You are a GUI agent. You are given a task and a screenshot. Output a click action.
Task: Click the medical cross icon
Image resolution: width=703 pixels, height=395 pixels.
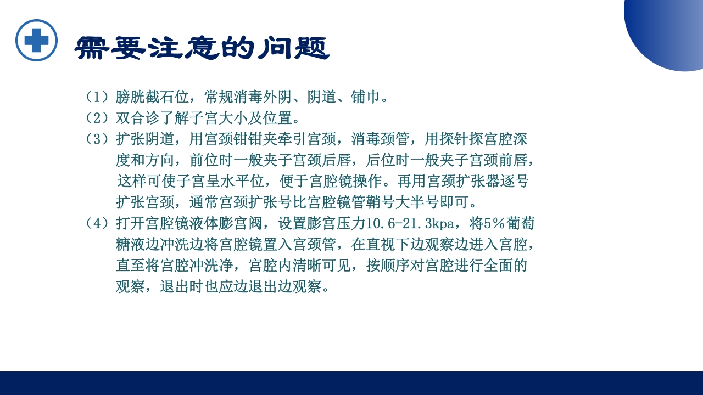[x=36, y=40]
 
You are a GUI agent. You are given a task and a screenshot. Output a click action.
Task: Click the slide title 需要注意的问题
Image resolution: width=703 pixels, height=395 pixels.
[x=202, y=48]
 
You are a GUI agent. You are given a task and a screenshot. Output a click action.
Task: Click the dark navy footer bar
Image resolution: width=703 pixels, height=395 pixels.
[x=351, y=383]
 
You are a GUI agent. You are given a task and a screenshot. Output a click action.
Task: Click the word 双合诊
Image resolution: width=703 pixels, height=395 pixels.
[x=137, y=118]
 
